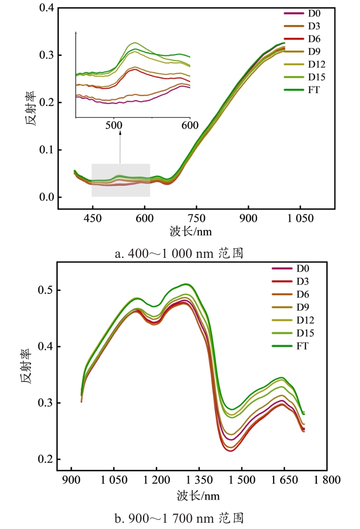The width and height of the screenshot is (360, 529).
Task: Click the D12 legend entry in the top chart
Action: point(317,64)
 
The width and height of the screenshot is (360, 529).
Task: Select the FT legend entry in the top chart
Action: point(314,89)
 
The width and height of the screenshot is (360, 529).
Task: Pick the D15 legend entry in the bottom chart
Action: point(305,333)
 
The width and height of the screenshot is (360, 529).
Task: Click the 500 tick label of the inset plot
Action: point(114,125)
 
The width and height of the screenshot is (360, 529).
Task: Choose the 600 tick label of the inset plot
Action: point(190,125)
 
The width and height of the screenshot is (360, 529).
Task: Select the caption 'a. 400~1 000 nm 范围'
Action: point(179,253)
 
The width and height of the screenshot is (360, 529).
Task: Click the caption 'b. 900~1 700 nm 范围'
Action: point(179,518)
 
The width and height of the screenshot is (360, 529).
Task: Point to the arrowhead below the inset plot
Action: point(120,133)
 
